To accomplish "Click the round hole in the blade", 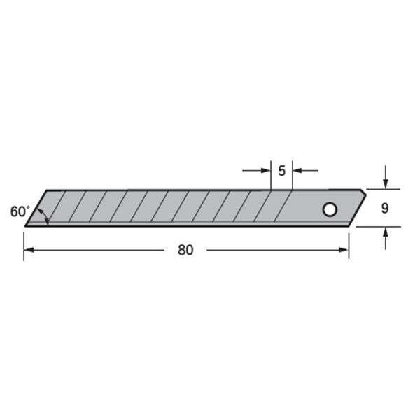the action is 330,209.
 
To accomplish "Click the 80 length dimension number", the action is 185,250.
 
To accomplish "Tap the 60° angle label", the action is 20,211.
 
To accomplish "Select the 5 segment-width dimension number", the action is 281,171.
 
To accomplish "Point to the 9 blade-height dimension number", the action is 385,208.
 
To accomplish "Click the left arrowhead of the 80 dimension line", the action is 29,250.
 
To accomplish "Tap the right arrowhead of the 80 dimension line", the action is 344,250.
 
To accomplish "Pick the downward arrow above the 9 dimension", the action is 386,177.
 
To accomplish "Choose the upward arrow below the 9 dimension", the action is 386,239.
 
